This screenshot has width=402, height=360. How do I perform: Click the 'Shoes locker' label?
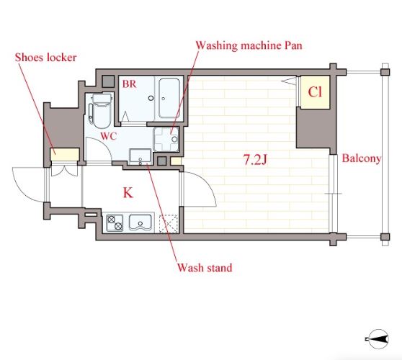[45, 58]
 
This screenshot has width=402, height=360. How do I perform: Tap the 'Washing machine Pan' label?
[249, 45]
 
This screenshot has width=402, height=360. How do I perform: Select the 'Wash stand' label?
[205, 268]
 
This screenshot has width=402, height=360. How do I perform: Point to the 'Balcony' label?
[362, 158]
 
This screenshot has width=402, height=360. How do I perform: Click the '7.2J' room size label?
[255, 160]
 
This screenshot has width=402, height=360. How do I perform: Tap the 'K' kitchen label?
[128, 193]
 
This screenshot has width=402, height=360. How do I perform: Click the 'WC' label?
[109, 136]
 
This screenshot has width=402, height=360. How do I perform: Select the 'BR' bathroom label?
[129, 84]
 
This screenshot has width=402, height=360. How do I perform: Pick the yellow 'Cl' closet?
[315, 92]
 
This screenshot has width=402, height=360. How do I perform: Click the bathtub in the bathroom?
[169, 98]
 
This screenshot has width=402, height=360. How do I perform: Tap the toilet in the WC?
[102, 110]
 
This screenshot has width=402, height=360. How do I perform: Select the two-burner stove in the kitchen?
[115, 223]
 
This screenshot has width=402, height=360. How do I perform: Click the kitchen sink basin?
[140, 222]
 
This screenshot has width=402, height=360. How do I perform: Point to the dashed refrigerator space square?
[169, 224]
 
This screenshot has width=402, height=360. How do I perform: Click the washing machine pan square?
[166, 140]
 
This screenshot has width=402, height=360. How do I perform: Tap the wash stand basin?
[140, 156]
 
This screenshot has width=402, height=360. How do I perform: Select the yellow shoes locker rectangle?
[65, 155]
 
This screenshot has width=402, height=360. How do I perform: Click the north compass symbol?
[378, 339]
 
